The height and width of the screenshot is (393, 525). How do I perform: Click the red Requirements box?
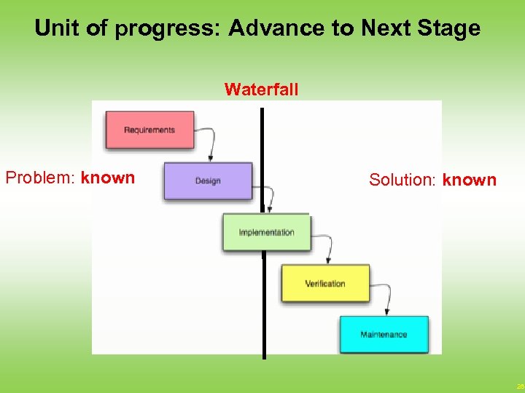pos(149,130)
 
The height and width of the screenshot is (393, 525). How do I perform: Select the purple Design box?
pos(208,180)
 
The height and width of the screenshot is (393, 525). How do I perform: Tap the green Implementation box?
pos(266,232)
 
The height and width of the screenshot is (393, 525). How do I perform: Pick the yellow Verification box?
pos(325,283)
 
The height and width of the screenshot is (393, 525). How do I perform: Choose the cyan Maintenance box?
pos(384,334)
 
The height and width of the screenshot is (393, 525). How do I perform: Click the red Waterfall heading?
pos(261,90)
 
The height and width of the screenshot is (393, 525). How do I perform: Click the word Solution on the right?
pos(402,180)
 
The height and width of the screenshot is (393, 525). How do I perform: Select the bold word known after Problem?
pos(108,178)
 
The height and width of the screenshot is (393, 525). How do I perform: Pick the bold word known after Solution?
pos(469,180)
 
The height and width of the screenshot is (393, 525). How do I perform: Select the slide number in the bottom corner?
pos(519,386)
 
